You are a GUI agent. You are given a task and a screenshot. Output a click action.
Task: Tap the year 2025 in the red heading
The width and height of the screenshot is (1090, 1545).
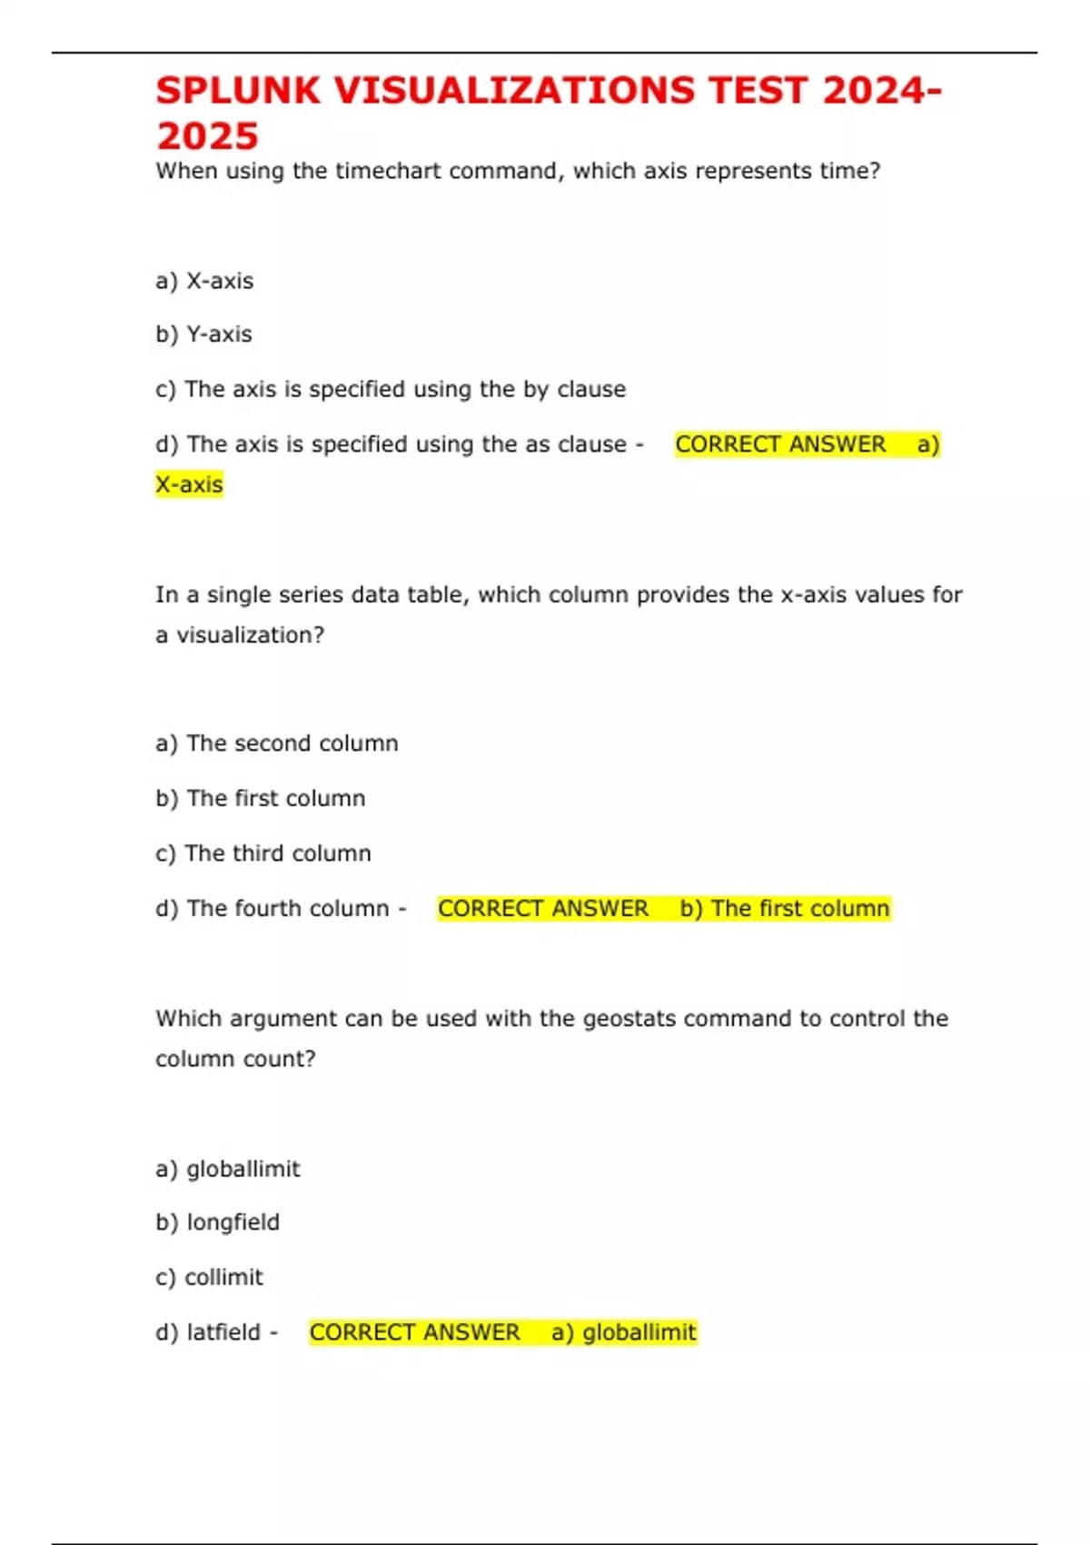pos(207,136)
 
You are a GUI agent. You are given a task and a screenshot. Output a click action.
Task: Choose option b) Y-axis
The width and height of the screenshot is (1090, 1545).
pos(203,334)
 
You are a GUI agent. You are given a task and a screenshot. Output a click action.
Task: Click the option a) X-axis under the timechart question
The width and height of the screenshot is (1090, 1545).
pos(204,281)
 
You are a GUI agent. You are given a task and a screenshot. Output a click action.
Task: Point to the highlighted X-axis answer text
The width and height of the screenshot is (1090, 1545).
pos(189,484)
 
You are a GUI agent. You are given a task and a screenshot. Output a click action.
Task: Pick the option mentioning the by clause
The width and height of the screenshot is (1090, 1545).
pos(391,389)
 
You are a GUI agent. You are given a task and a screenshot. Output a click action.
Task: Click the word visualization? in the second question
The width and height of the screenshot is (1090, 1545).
pos(250,634)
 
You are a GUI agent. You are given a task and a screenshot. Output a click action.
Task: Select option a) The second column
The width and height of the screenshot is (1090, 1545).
pos(276,743)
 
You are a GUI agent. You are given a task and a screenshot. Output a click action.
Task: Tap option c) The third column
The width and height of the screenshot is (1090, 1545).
pos(263,853)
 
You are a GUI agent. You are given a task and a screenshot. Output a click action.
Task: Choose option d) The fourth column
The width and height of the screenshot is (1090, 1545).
pos(272,908)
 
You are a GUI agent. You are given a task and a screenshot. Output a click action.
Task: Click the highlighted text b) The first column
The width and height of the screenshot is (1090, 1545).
pos(785,908)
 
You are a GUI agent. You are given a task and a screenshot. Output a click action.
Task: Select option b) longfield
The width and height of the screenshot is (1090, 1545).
pos(217,1222)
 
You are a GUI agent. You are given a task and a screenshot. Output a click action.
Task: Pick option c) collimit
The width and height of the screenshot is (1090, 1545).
pos(209,1277)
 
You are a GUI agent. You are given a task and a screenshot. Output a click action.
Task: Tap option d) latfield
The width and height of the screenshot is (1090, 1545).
pos(208,1332)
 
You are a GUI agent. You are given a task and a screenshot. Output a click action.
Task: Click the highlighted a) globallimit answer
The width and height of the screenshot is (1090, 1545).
pos(624,1332)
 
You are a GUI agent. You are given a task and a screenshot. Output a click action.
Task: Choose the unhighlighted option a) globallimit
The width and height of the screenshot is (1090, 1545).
pos(227,1169)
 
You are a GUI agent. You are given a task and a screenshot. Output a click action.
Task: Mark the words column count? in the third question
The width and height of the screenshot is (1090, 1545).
pos(235,1059)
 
